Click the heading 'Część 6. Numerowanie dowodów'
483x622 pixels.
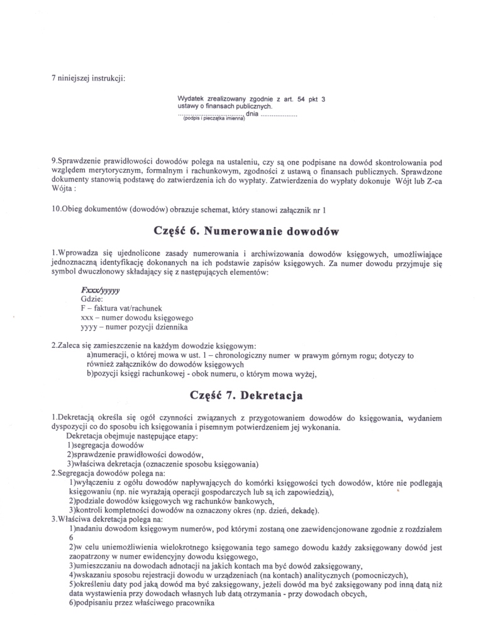[x=246, y=231]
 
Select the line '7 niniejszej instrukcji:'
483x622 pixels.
[x=89, y=79]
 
